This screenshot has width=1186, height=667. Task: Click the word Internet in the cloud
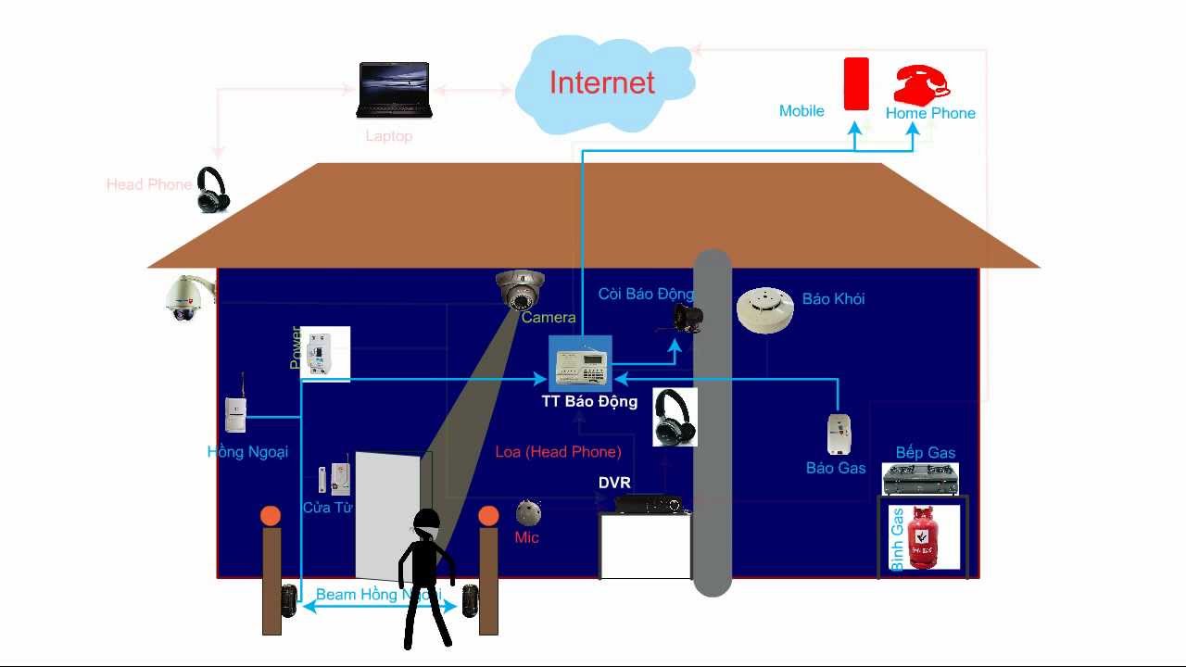(x=602, y=82)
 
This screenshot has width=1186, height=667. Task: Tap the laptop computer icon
(x=394, y=90)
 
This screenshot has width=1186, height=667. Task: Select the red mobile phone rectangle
(x=856, y=84)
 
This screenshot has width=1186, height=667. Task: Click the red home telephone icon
(x=921, y=84)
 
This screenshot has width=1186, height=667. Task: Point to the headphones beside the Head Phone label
(x=212, y=190)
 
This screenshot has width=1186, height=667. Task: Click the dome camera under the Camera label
(x=520, y=289)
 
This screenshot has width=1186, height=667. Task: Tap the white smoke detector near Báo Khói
(x=765, y=308)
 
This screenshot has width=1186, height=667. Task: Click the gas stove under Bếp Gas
(x=920, y=479)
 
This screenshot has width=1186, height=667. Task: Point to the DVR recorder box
(x=648, y=503)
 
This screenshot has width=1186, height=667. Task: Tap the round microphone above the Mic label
(x=528, y=512)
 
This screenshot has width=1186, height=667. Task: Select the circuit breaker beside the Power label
(x=327, y=352)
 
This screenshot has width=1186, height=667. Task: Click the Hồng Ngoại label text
(x=247, y=452)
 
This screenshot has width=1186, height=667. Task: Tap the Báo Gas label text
(x=836, y=468)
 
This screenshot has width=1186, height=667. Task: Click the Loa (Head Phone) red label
(x=558, y=452)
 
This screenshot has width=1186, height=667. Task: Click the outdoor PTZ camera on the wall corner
(x=183, y=298)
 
